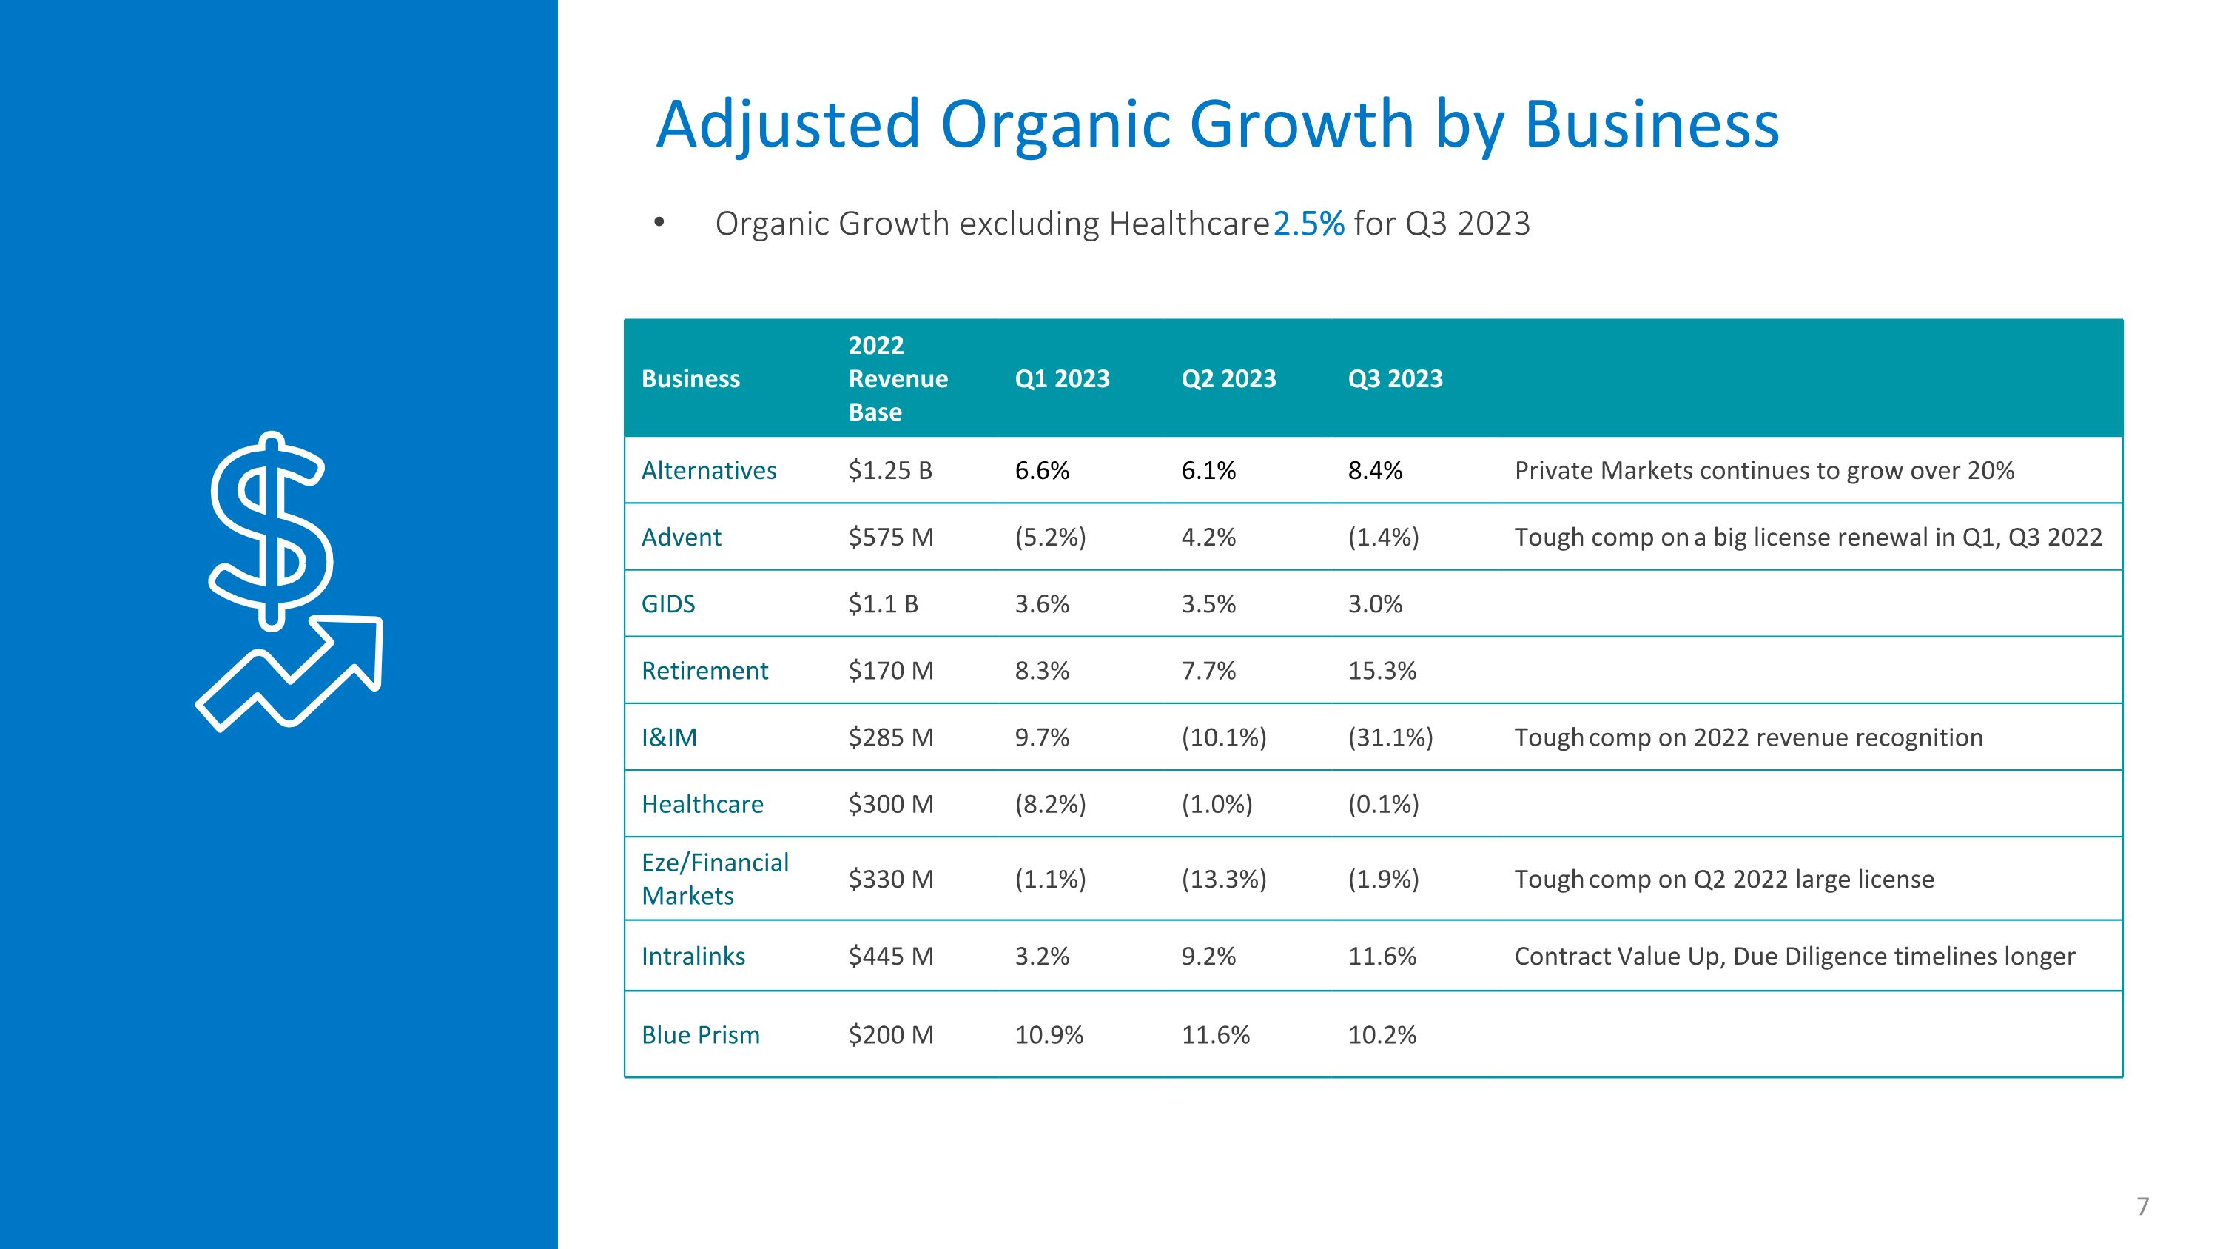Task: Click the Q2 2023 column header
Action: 1228,379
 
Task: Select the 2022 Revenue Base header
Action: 898,378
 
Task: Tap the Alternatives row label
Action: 708,471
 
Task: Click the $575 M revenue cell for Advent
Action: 891,537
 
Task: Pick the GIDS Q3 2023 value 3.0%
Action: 1375,603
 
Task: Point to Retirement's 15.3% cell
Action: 1382,671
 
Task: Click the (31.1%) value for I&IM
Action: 1390,738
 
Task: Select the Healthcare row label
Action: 702,804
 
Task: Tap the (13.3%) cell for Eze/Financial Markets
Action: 1224,880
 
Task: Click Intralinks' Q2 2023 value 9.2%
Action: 1208,956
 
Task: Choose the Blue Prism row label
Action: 701,1034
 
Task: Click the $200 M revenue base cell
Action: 891,1034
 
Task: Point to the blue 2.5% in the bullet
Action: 1308,224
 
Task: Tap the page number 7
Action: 2143,1206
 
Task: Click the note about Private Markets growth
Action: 1764,471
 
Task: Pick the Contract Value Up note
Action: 1794,957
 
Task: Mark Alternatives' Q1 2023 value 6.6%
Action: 1042,471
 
